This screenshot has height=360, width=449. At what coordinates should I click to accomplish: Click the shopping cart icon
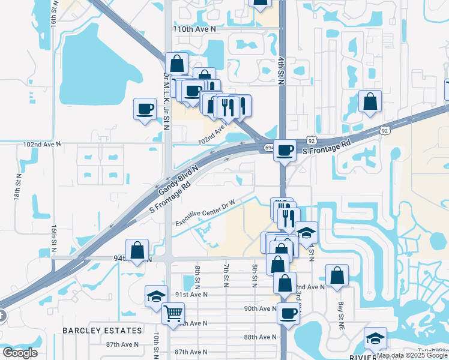pyautogui.click(x=173, y=313)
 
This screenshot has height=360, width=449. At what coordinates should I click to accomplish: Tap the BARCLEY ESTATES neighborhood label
pyautogui.click(x=103, y=331)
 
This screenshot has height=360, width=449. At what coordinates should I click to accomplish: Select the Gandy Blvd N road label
pyautogui.click(x=178, y=178)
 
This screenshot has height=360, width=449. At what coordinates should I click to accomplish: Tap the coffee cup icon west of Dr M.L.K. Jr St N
pyautogui.click(x=144, y=109)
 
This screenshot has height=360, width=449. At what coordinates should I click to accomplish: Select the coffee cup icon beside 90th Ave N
pyautogui.click(x=289, y=313)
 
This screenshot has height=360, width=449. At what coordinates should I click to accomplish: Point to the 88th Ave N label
pyautogui.click(x=260, y=338)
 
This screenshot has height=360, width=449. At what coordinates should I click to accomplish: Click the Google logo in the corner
pyautogui.click(x=20, y=352)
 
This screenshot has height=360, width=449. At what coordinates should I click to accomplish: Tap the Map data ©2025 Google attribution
pyautogui.click(x=412, y=355)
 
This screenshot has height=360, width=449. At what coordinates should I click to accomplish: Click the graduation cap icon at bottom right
pyautogui.click(x=376, y=339)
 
